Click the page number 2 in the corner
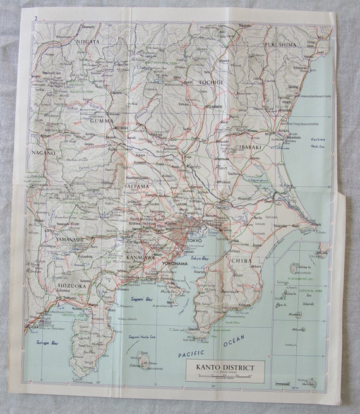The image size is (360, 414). (37, 17)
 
